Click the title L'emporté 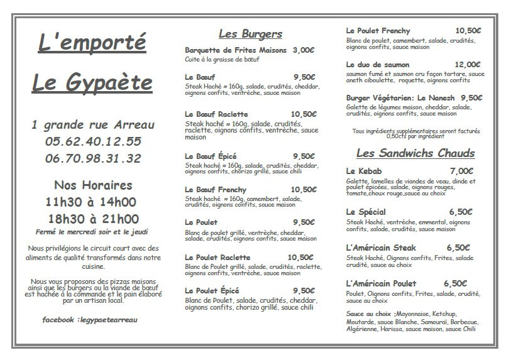point(92,45)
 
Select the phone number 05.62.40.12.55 point(93,141)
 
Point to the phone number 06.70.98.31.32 point(93,158)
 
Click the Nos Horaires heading point(93,185)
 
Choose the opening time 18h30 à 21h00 point(93,219)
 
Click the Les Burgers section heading point(250,34)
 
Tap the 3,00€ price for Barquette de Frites point(304,50)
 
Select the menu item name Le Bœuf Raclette point(216,114)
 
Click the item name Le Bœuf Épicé point(211,156)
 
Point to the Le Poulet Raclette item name point(217,257)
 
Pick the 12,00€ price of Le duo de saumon point(468,64)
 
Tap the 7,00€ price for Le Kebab point(461,171)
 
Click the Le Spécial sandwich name point(366,212)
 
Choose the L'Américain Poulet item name point(381,283)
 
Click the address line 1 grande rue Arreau point(92,124)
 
